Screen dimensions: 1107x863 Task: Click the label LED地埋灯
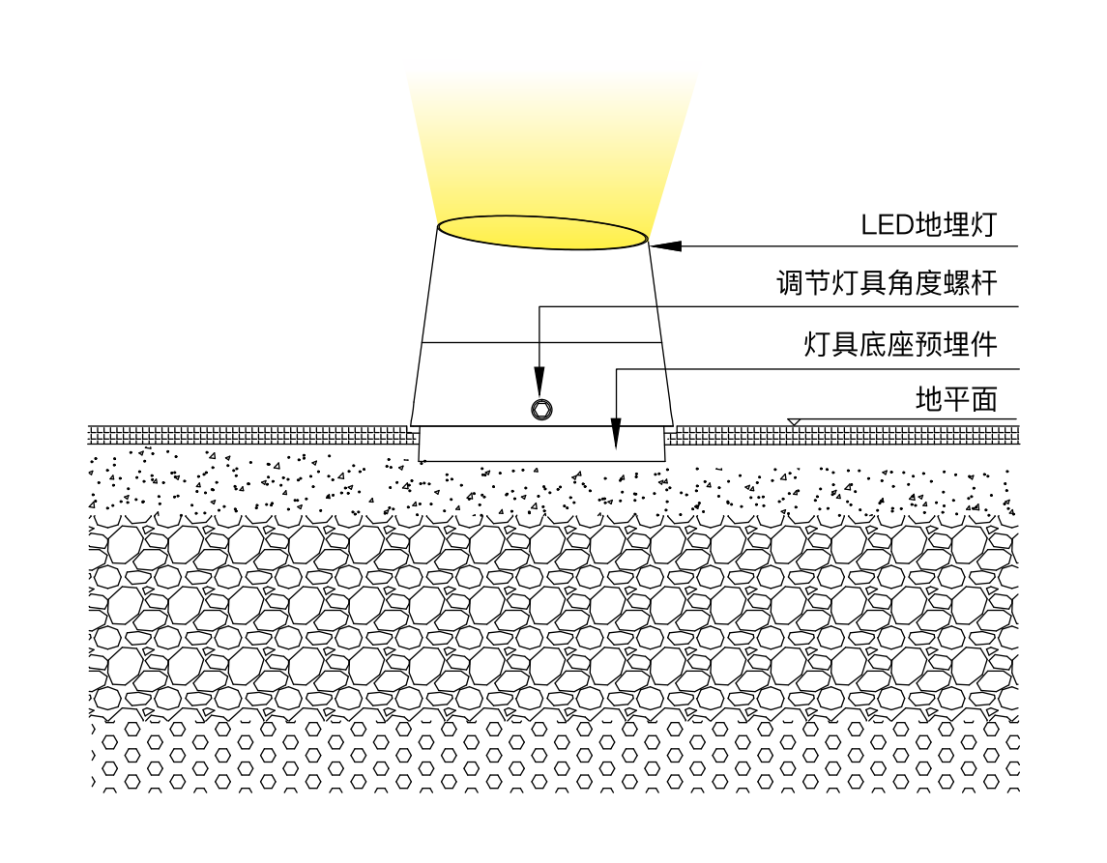click(928, 225)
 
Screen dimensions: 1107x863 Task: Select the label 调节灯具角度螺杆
click(887, 284)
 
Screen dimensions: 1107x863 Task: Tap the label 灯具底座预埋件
click(901, 345)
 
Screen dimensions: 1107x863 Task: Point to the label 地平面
click(956, 399)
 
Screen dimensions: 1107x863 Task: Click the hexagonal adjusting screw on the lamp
click(541, 409)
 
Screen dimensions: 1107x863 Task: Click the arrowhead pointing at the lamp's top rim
click(666, 246)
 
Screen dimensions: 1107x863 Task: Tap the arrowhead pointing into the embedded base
click(616, 434)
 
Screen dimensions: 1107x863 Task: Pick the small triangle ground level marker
click(795, 422)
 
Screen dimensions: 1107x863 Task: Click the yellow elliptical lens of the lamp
click(542, 233)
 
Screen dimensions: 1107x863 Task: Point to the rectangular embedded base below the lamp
click(542, 444)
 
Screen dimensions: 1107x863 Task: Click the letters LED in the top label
click(888, 226)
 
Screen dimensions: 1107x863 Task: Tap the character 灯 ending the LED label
click(983, 225)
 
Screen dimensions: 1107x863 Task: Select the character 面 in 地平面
click(984, 399)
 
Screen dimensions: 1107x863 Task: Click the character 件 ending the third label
click(984, 345)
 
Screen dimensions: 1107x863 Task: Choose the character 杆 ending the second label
click(984, 284)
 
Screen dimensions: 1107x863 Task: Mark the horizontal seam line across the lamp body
click(541, 343)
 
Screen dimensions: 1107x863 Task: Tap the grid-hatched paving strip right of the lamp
click(843, 435)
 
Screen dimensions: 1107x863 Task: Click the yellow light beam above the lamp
click(551, 141)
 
